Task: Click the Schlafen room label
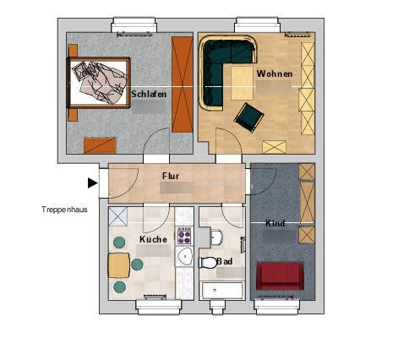pos(149,94)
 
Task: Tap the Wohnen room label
pos(275,74)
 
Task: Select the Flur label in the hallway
pos(171,176)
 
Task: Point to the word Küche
pos(153,239)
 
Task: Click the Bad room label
pos(225,261)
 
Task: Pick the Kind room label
pos(275,223)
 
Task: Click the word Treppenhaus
pos(64,210)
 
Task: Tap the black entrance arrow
pos(93,183)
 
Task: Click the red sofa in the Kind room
pos(281,275)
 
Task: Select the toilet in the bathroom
pos(208,263)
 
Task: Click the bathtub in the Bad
pos(222,290)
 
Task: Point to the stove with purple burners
pos(184,236)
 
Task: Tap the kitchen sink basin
pos(184,256)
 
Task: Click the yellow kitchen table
pos(119,265)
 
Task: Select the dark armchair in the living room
pos(248,117)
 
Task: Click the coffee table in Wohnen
pos(242,83)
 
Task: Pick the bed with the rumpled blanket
pos(99,83)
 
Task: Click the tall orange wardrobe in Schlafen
pos(183,85)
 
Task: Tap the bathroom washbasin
pos(216,237)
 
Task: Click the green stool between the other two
pos(137,265)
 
